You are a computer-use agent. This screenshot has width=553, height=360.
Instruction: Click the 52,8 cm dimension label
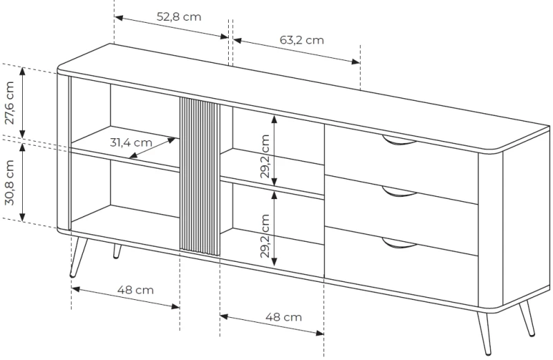click(x=179, y=17)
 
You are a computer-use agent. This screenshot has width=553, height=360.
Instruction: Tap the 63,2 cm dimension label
click(x=302, y=40)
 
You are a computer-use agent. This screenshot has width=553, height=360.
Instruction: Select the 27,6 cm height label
click(x=10, y=102)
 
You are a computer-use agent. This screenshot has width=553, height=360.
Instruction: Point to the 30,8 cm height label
click(x=10, y=182)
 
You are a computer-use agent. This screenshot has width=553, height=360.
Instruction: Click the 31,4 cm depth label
click(x=131, y=142)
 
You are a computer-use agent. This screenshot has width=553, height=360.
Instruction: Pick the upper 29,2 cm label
click(x=265, y=156)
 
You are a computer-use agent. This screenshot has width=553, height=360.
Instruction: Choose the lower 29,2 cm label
click(x=265, y=236)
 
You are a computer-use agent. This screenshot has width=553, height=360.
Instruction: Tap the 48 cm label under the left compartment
click(x=135, y=290)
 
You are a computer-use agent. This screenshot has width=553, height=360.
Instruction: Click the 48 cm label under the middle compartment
click(x=283, y=317)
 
